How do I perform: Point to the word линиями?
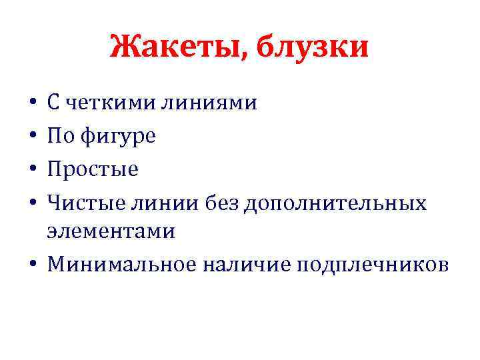209,103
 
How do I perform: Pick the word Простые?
93,169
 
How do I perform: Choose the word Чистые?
83,201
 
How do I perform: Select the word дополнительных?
336,201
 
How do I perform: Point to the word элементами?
111,231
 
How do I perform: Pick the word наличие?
246,265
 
